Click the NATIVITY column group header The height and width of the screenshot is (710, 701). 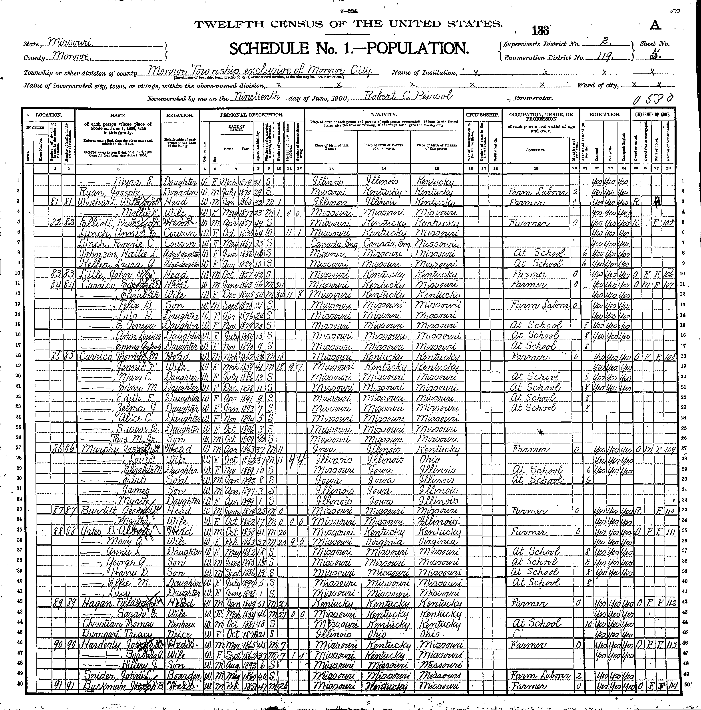point(384,115)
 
